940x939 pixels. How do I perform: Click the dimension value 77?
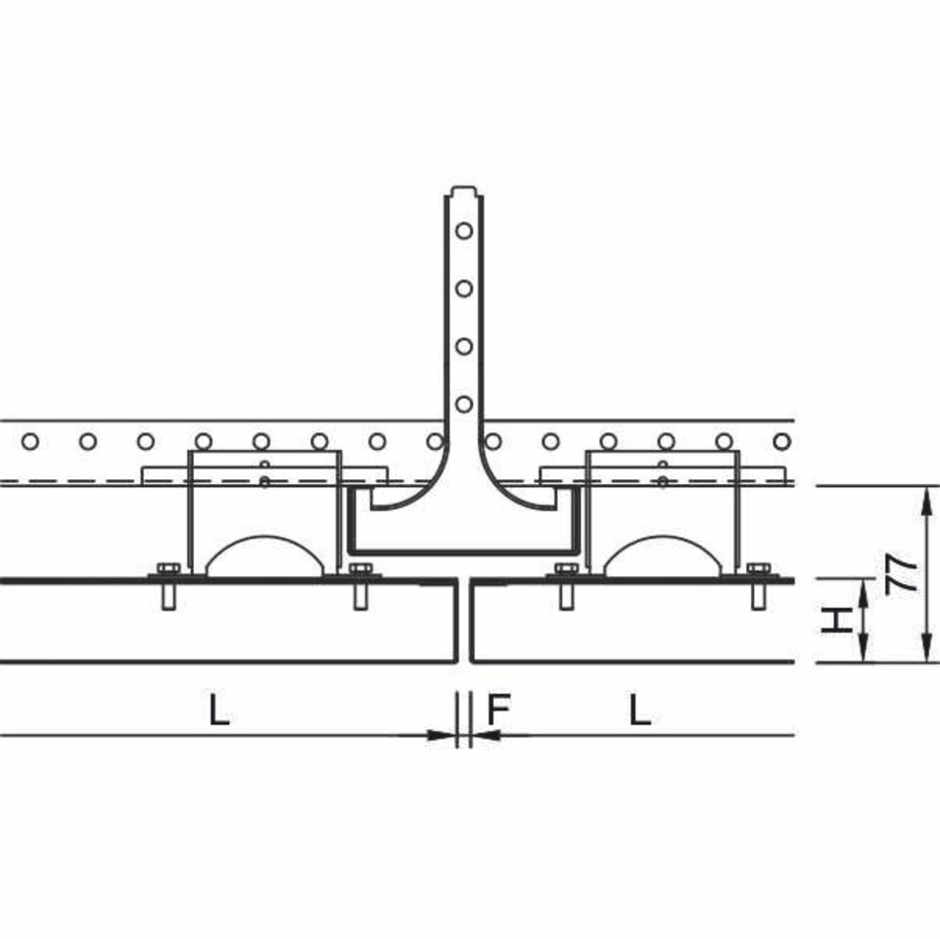[x=902, y=573]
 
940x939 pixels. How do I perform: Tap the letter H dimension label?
[x=837, y=620]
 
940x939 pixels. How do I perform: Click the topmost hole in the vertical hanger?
[x=464, y=230]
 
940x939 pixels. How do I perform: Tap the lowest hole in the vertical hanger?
[x=464, y=404]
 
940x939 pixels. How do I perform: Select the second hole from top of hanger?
[x=464, y=288]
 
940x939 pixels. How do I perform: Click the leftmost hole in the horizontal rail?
[x=30, y=442]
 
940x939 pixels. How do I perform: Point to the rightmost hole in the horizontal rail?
[x=781, y=442]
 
